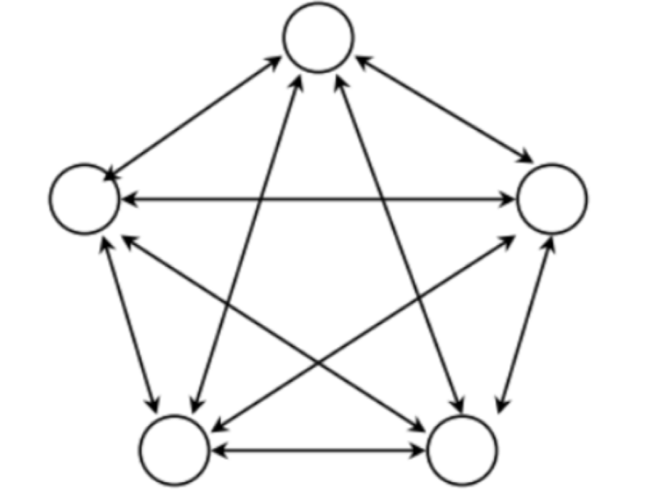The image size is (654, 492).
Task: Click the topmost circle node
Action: click(x=318, y=38)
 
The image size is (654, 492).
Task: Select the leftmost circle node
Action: click(x=85, y=199)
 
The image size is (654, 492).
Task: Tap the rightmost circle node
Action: click(x=552, y=199)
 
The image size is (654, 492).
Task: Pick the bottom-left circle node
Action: click(x=174, y=449)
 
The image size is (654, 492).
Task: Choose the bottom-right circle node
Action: click(x=462, y=449)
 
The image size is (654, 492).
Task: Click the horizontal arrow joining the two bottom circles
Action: click(x=318, y=449)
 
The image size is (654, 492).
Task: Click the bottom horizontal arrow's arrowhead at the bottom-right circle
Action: click(x=419, y=449)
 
